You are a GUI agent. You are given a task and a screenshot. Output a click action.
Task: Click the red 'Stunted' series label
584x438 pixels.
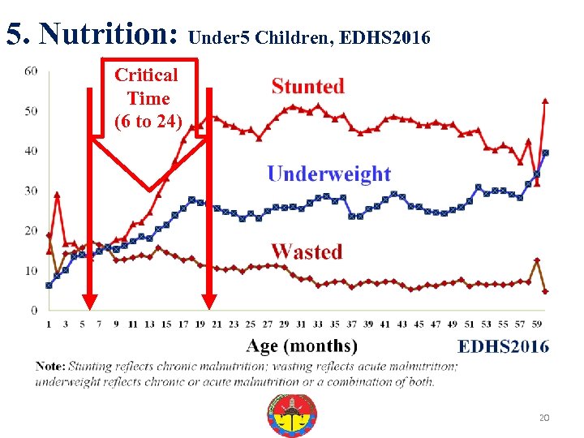click(x=307, y=86)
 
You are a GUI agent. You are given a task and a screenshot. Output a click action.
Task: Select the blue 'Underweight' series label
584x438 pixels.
click(x=328, y=174)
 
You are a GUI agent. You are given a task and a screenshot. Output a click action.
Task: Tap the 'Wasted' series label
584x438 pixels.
click(x=307, y=251)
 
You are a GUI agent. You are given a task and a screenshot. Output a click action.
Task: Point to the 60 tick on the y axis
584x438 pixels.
click(x=31, y=71)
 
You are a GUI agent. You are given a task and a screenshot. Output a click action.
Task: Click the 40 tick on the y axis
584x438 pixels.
click(x=31, y=151)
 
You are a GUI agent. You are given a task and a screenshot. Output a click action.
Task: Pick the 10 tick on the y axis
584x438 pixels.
click(x=31, y=270)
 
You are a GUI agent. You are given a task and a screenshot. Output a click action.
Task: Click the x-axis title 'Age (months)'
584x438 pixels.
click(x=301, y=346)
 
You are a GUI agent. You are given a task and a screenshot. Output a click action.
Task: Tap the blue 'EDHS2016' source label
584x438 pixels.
click(x=503, y=346)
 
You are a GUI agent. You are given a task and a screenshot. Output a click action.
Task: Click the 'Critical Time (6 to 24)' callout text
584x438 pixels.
click(x=147, y=98)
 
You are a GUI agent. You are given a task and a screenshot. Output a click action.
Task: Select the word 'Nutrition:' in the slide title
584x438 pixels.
click(x=109, y=34)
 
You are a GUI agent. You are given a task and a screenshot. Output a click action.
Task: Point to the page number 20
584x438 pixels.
click(x=543, y=418)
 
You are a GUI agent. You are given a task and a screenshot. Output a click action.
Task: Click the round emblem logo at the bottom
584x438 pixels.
click(x=292, y=415)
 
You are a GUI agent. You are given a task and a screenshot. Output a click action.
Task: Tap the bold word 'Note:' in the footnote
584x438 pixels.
click(x=50, y=367)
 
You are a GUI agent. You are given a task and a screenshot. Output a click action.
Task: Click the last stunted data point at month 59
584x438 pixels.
click(x=545, y=101)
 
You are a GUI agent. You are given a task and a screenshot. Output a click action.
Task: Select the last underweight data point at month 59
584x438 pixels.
click(x=545, y=152)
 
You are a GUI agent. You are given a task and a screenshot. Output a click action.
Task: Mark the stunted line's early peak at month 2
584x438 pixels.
click(x=57, y=195)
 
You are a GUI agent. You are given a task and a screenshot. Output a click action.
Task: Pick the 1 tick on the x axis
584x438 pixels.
click(x=49, y=324)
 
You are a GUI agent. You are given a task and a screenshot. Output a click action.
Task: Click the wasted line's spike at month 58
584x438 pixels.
click(x=536, y=260)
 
